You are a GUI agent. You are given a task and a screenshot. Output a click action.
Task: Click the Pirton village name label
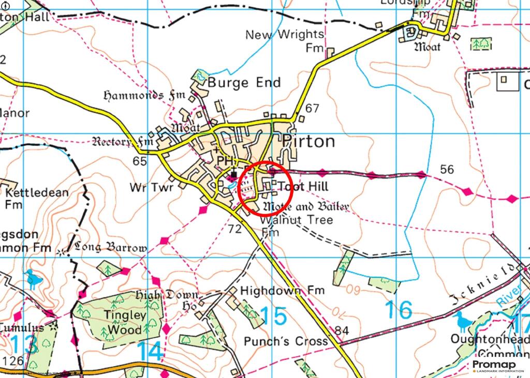tap(308, 142)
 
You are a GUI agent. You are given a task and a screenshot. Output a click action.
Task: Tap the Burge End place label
tap(244, 83)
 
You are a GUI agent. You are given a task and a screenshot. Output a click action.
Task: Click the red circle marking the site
tap(266, 188)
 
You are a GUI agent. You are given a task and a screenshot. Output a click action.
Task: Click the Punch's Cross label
tap(286, 341)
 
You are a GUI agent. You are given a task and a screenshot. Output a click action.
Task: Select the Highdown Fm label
tap(282, 290)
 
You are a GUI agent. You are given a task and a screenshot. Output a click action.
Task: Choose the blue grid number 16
tap(399, 310)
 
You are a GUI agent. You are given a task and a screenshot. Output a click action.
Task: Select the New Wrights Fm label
tap(285, 41)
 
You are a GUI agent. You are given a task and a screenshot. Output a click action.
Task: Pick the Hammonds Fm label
tap(140, 96)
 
